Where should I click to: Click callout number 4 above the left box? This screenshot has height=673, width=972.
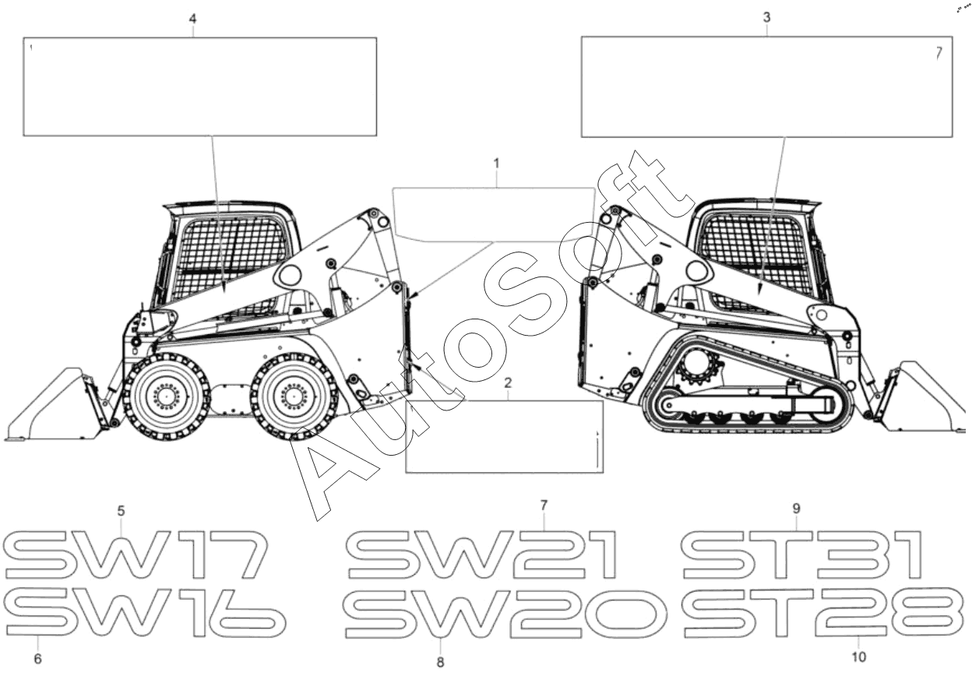(x=192, y=17)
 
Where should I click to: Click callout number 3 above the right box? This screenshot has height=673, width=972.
(x=767, y=17)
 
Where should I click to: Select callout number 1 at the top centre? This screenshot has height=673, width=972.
(x=495, y=164)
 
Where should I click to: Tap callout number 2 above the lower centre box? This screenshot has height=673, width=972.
(x=508, y=382)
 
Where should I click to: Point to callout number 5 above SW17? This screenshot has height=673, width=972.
(x=121, y=512)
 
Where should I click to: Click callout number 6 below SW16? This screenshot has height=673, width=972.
(x=37, y=659)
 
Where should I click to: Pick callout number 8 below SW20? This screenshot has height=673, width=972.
(x=440, y=662)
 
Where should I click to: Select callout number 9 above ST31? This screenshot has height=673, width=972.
(x=796, y=508)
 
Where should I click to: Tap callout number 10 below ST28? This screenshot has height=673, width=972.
(x=860, y=657)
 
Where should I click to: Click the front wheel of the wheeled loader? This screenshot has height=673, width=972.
(x=166, y=396)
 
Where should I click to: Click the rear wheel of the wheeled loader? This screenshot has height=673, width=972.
(x=294, y=396)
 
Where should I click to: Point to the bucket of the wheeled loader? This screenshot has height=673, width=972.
(x=51, y=405)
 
